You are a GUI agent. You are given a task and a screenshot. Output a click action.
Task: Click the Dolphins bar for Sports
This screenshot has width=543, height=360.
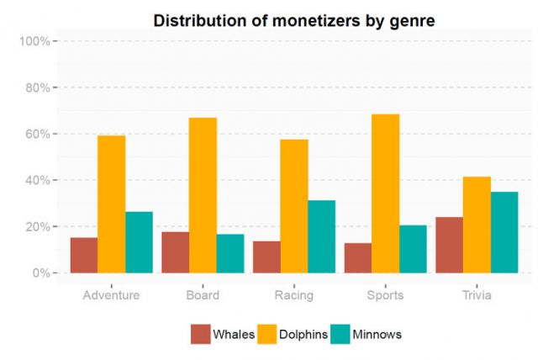pyautogui.click(x=386, y=193)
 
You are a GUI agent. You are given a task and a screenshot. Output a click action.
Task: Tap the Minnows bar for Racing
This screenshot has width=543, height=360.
pyautogui.click(x=321, y=236)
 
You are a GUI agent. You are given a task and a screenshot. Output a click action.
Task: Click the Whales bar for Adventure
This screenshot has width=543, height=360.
pyautogui.click(x=84, y=255)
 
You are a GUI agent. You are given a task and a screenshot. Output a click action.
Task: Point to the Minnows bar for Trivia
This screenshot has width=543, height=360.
pyautogui.click(x=504, y=232)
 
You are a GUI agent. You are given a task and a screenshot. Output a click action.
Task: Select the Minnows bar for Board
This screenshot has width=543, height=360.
pyautogui.click(x=230, y=253)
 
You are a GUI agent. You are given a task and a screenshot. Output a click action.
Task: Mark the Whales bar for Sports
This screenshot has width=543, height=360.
pyautogui.click(x=358, y=257)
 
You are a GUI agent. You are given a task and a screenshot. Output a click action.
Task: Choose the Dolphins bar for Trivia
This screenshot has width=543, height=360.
pyautogui.click(x=477, y=225)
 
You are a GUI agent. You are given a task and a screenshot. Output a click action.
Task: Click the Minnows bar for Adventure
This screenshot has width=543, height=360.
pyautogui.click(x=139, y=242)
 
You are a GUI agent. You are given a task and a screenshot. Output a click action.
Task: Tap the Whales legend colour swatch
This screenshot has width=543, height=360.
pyautogui.click(x=200, y=334)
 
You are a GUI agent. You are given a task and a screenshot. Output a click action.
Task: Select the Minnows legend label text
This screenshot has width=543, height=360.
pyautogui.click(x=378, y=334)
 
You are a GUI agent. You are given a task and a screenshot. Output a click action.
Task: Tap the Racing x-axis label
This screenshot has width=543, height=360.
pyautogui.click(x=294, y=295)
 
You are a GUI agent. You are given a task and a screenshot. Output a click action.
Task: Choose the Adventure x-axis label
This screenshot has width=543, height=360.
pyautogui.click(x=111, y=295)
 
